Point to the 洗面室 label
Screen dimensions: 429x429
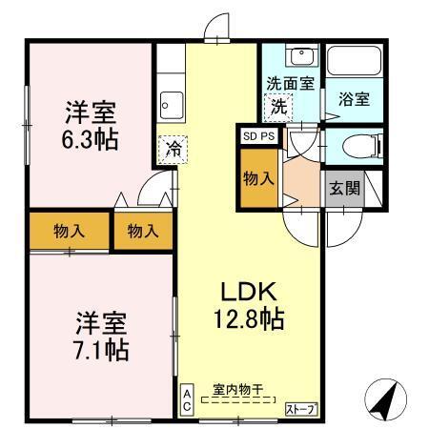click(290, 83)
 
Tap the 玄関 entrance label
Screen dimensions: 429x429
click(346, 188)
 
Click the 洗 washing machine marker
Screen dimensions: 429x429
click(278, 107)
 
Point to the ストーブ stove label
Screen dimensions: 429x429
click(301, 409)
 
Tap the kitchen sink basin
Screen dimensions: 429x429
click(173, 101)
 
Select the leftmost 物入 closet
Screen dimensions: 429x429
click(69, 231)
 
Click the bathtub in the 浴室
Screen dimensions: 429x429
click(354, 64)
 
